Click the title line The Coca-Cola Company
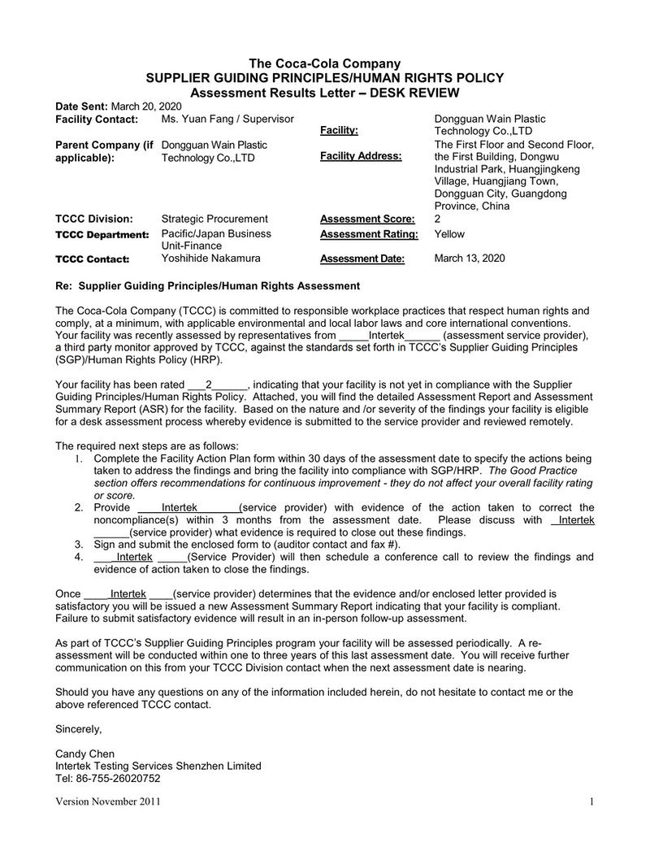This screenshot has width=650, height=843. tap(324, 64)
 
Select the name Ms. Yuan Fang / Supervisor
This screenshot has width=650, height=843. tap(227, 119)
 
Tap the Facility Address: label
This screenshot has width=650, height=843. tap(361, 156)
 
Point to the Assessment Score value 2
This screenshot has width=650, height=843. tap(438, 219)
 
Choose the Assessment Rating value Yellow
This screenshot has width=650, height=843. tap(449, 234)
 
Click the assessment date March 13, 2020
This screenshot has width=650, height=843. tap(470, 259)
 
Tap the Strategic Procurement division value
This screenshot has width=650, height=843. tap(214, 219)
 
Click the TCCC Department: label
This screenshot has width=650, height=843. tap(102, 235)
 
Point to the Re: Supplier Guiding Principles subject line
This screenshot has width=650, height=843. tap(207, 285)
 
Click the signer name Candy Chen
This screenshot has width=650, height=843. tap(85, 753)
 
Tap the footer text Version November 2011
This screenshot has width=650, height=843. tap(107, 802)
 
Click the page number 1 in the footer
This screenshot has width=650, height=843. tap(592, 802)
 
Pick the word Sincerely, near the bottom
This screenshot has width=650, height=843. tap(78, 728)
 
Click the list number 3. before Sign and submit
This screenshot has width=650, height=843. tap(79, 545)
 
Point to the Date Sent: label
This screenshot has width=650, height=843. tap(81, 106)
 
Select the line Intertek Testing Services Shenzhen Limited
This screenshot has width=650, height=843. tap(158, 766)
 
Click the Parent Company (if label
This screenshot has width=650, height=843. tap(104, 145)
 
